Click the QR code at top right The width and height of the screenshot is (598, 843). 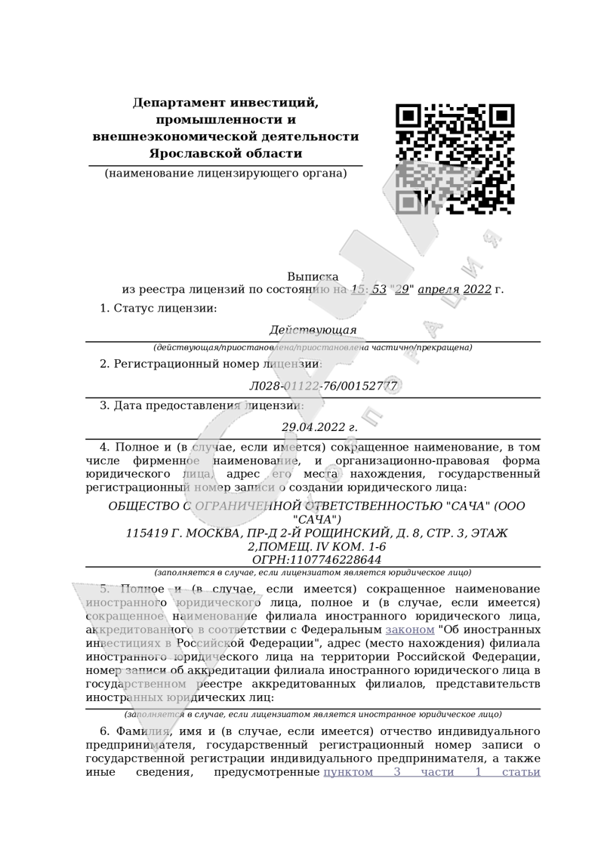pyautogui.click(x=455, y=158)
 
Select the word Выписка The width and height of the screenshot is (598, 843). pyautogui.click(x=313, y=277)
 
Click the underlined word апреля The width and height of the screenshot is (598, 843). pyautogui.click(x=438, y=290)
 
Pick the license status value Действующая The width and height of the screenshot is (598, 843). pyautogui.click(x=313, y=331)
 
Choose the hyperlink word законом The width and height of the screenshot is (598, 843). pyautogui.click(x=410, y=629)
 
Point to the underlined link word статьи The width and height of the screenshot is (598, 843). pyautogui.click(x=520, y=772)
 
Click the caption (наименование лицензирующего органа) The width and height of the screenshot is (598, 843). pyautogui.click(x=226, y=174)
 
